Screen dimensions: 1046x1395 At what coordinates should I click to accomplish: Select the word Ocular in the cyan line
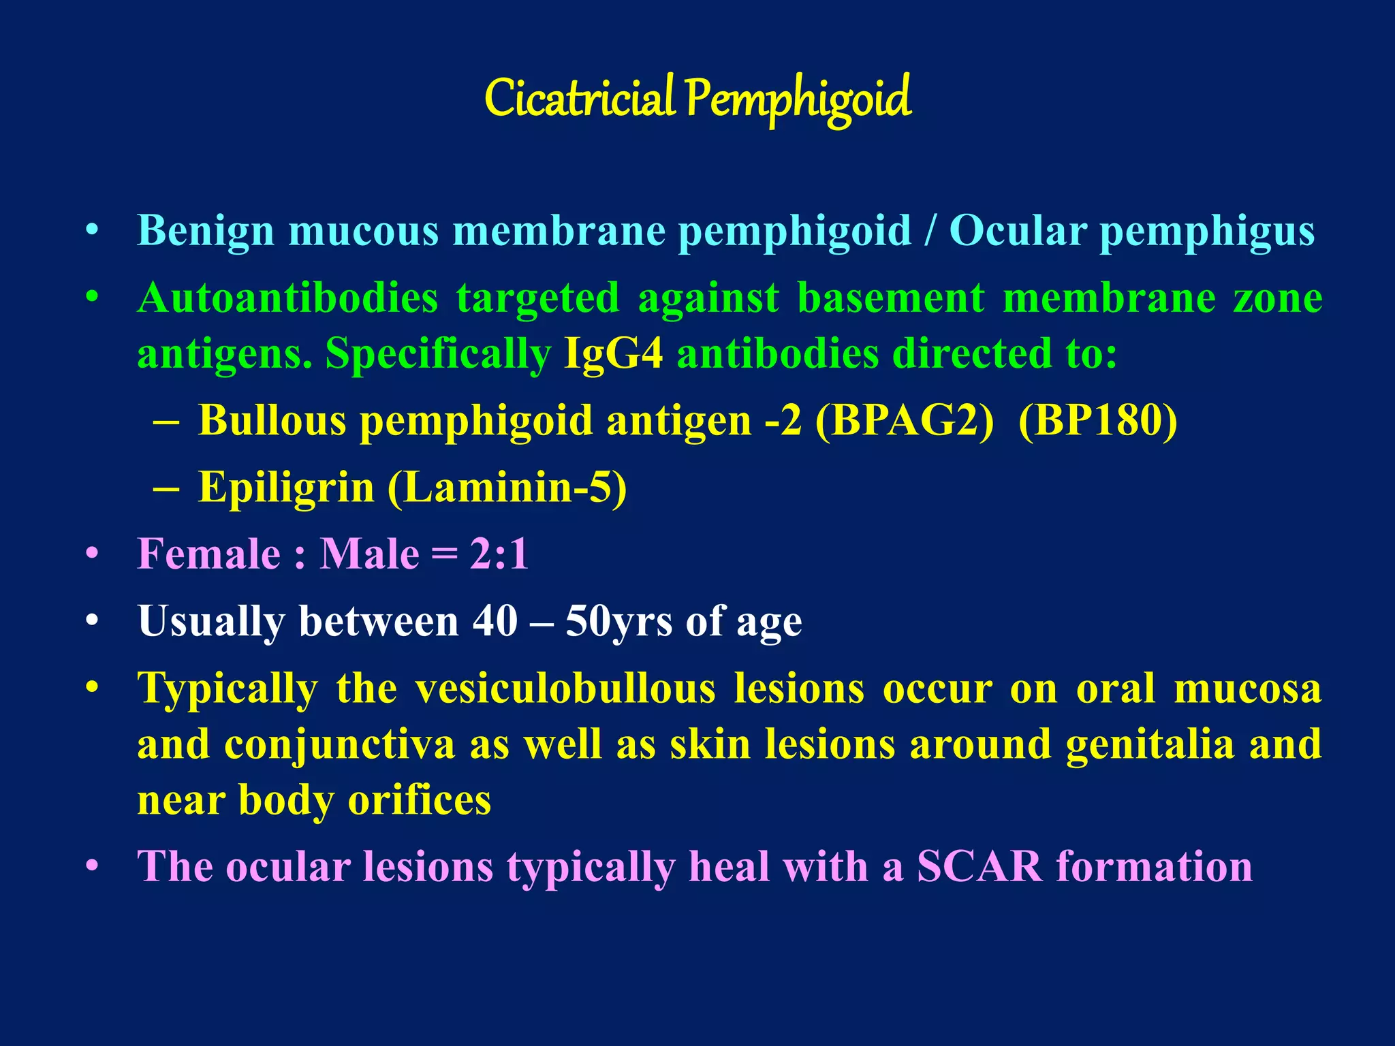click(x=1018, y=230)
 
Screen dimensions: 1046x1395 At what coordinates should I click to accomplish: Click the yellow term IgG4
click(x=613, y=354)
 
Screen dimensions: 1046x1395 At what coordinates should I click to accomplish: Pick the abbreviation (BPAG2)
click(x=905, y=420)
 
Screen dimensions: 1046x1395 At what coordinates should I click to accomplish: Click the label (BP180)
click(x=1098, y=420)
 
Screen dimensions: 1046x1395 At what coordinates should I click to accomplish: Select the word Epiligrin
click(x=286, y=488)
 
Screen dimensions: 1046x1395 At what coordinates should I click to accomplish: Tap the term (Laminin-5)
click(x=507, y=488)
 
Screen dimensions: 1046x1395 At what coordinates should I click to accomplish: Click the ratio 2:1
click(x=499, y=554)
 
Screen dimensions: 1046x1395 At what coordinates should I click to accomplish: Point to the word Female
click(x=208, y=554)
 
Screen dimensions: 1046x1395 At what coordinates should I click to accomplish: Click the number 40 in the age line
click(x=495, y=621)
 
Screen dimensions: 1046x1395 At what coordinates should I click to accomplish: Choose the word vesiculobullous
click(x=565, y=688)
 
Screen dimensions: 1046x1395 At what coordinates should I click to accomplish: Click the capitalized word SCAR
click(x=979, y=866)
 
